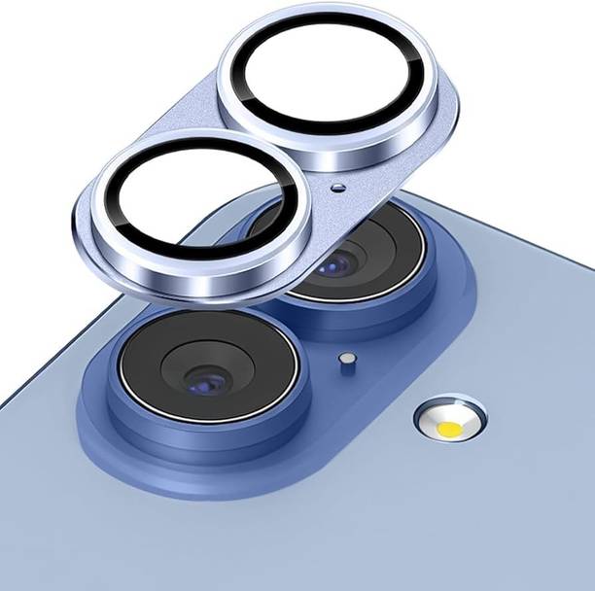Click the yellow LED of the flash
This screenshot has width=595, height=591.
tap(449, 427)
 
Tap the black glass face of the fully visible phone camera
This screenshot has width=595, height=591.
tap(156, 360)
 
